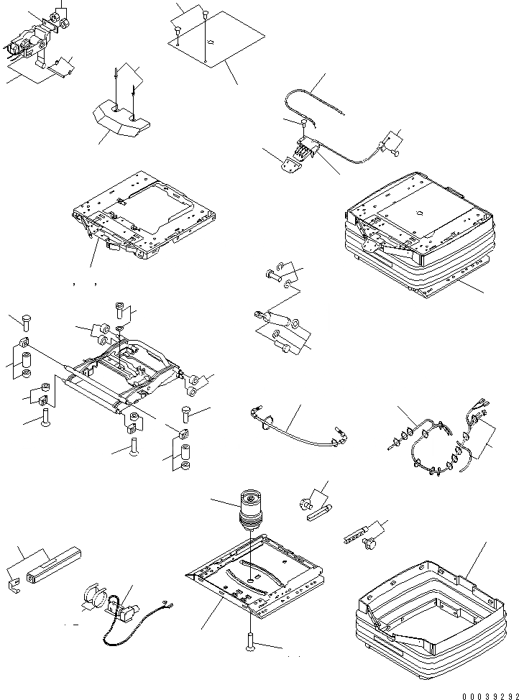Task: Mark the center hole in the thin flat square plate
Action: pos(209,42)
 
